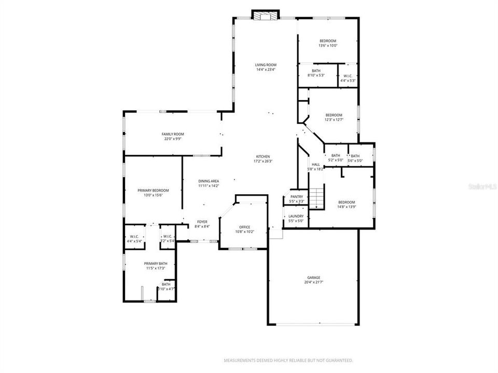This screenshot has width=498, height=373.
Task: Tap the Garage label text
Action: [x=312, y=278]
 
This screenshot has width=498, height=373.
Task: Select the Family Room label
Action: [x=173, y=134]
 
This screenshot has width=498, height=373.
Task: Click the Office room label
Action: [x=244, y=227]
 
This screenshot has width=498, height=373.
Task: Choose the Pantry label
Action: [x=296, y=197]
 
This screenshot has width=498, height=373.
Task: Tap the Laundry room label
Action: [x=296, y=217]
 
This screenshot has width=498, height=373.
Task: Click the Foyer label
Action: [x=202, y=222]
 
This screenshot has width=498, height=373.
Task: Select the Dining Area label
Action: [x=209, y=181]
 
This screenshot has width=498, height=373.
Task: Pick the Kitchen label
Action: [x=263, y=156]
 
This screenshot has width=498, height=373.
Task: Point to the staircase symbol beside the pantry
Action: [x=316, y=197]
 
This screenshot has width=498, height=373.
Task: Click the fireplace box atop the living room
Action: [x=265, y=16]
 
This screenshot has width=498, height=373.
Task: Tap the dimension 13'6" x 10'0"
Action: [x=328, y=46]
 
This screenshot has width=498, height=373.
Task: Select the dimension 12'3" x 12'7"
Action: [x=334, y=120]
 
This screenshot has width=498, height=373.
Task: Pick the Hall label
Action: [x=315, y=164]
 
